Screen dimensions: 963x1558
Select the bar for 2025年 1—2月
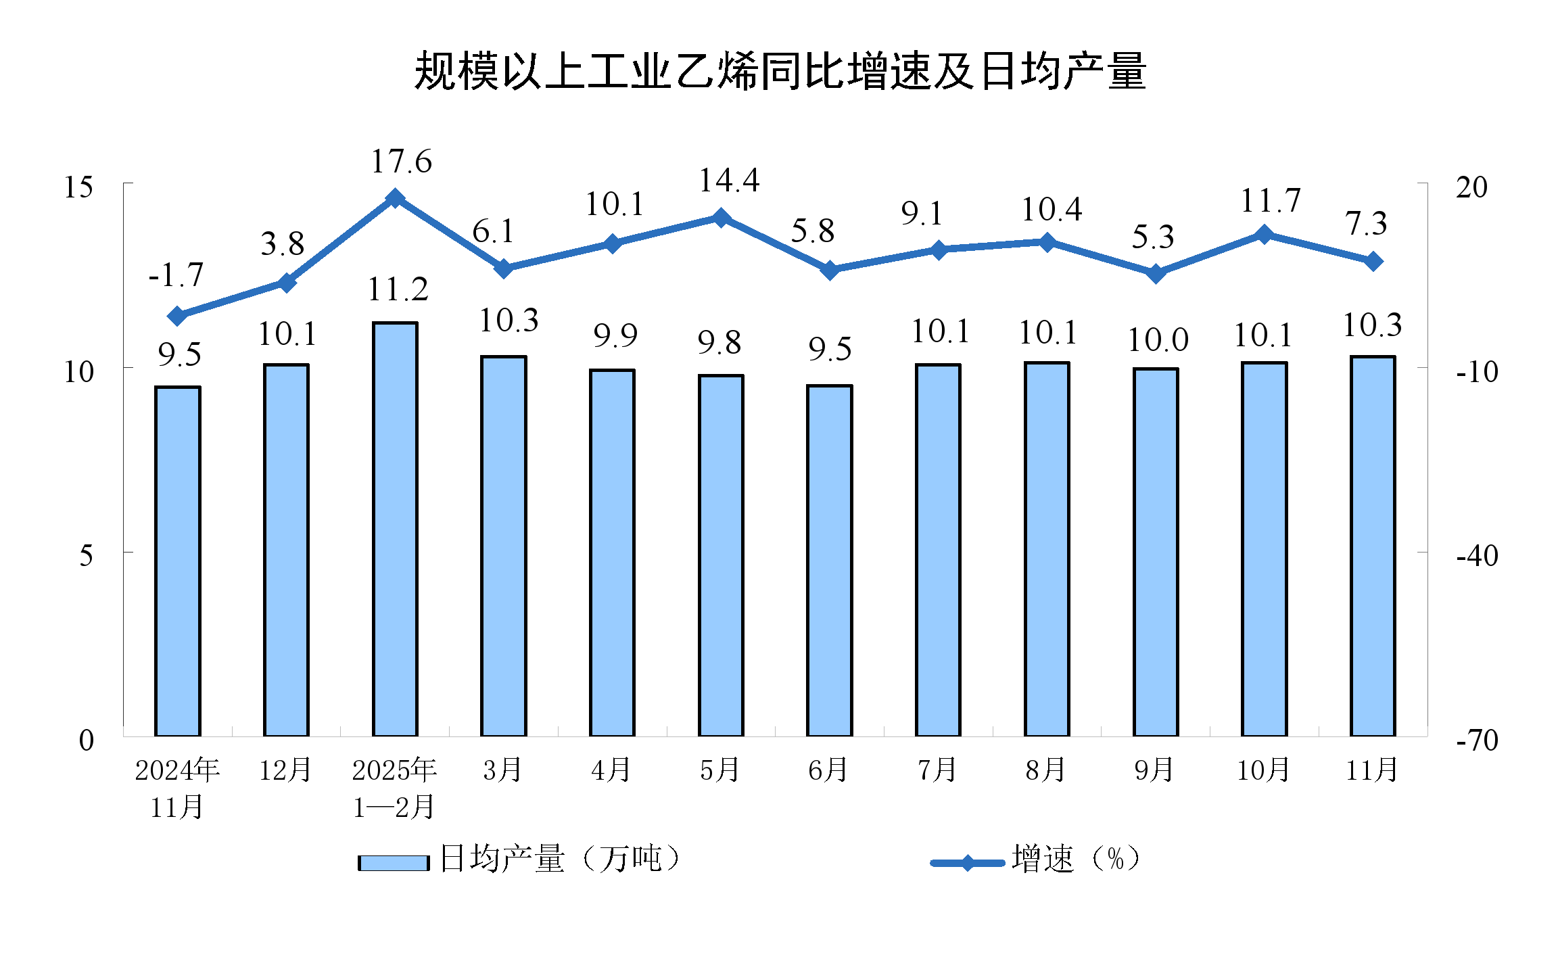395,529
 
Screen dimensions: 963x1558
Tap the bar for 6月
829,560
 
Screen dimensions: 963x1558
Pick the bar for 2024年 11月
178,561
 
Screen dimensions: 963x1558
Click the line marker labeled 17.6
395,198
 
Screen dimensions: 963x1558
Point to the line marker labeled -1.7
178,316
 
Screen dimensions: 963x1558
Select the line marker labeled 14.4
721,218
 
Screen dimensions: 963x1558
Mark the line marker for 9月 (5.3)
1156,273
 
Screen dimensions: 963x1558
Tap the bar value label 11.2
398,289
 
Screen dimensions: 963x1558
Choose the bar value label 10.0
1158,339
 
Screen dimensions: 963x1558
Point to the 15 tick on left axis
78,187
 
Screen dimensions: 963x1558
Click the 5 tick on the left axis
86,555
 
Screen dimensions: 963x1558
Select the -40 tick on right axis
1477,555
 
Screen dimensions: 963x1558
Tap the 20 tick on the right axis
1471,187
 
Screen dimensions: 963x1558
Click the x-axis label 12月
285,770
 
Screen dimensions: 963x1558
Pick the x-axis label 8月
1046,770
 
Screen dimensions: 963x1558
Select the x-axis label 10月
1263,770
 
